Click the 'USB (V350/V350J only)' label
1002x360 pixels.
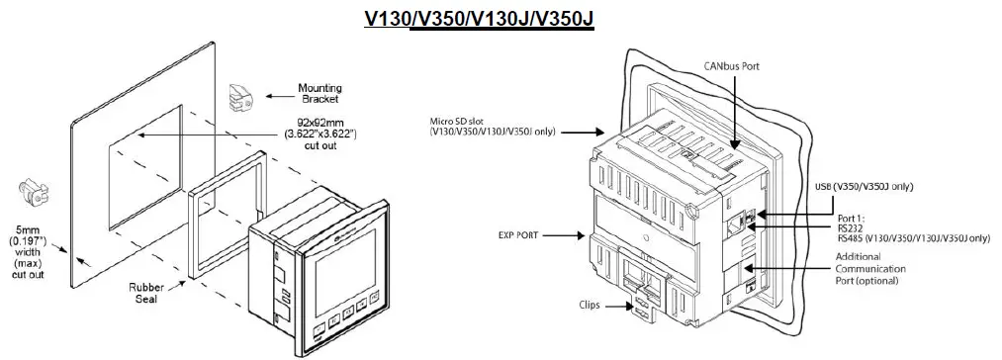coord(863,186)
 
